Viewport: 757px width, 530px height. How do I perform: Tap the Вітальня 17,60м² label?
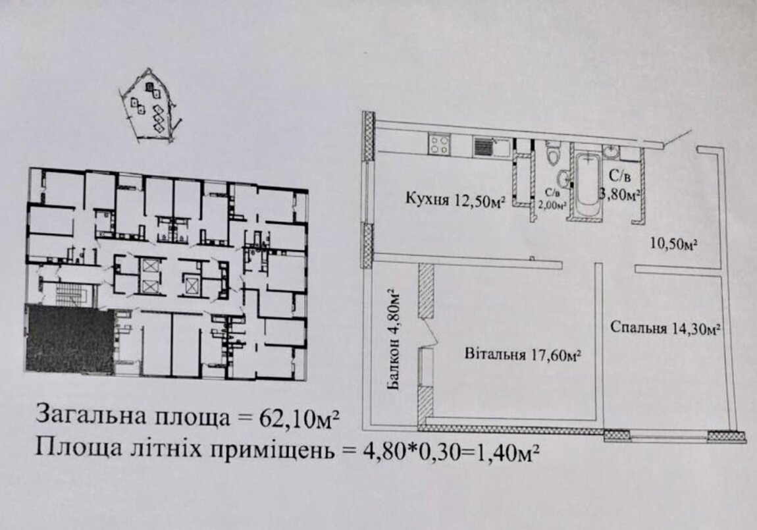(x=523, y=356)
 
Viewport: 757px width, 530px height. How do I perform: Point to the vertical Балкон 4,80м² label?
(x=394, y=339)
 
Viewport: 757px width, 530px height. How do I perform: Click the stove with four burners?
(x=438, y=144)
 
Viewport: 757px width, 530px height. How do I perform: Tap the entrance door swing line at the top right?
(x=676, y=137)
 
